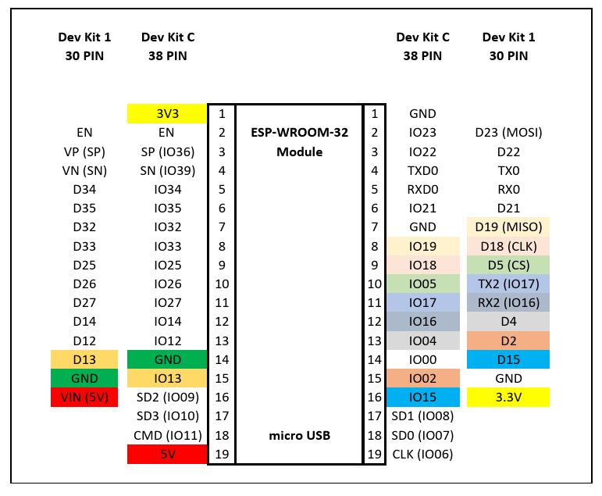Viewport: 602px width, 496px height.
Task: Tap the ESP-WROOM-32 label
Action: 299,133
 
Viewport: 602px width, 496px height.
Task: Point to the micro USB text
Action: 299,435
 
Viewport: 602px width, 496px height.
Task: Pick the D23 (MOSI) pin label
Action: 508,133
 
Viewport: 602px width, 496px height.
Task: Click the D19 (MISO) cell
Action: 508,227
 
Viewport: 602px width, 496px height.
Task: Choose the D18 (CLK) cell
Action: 508,246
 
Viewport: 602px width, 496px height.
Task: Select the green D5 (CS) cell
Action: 508,265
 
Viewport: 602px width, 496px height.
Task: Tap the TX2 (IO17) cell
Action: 508,284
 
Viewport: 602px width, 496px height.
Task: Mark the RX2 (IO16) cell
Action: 508,303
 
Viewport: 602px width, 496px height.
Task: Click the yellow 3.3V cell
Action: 508,398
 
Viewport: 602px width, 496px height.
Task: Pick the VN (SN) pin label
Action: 84,170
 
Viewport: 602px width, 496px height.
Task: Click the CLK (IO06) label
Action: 422,454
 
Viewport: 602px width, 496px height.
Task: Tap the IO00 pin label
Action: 422,359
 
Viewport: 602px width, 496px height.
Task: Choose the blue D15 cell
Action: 508,359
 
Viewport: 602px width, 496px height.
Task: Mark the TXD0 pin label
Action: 422,170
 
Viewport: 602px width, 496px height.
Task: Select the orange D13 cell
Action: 84,359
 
